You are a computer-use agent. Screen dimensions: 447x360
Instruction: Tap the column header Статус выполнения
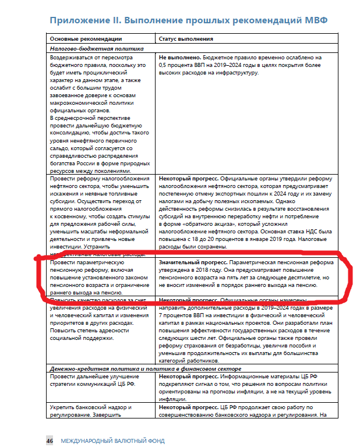(x=186, y=39)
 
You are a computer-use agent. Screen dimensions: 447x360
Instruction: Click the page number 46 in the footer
(x=50, y=441)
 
